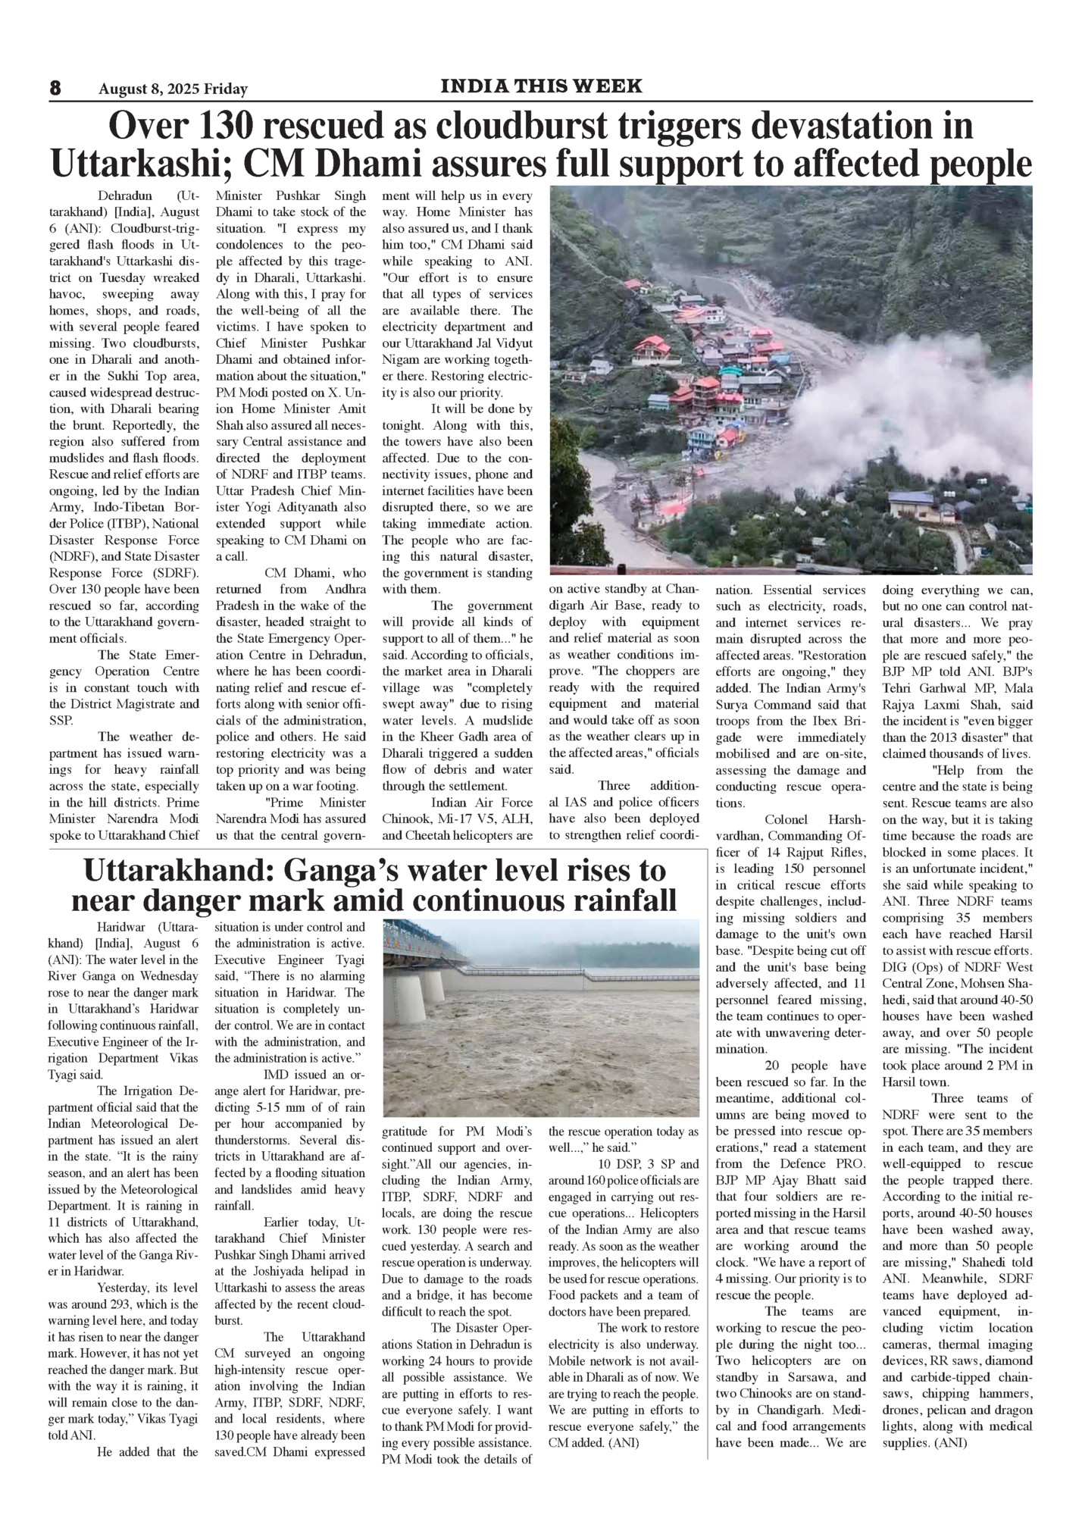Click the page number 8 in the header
55,89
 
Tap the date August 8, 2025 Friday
173,89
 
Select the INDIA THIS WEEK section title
541,86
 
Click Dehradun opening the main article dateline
126,196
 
